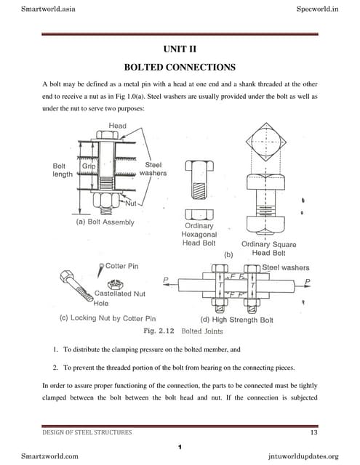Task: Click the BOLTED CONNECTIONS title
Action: tap(180, 68)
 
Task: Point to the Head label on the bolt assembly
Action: tap(117, 126)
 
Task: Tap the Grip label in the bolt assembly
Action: tap(89, 166)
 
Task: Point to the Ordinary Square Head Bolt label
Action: tap(268, 248)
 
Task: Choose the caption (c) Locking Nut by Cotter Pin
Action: tap(108, 318)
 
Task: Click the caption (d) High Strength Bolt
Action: tap(237, 318)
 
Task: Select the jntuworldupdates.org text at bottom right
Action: tap(303, 456)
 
